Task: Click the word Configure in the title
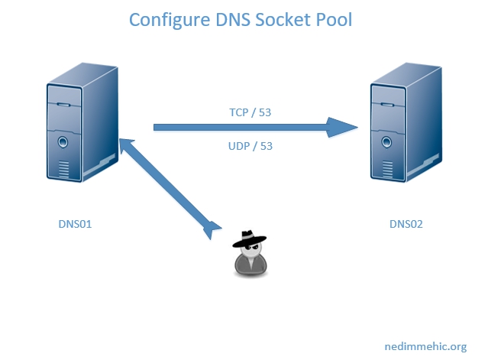click(165, 20)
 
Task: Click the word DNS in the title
click(225, 20)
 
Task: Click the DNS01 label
click(76, 224)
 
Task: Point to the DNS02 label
click(406, 224)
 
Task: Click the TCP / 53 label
click(250, 112)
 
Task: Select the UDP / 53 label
click(250, 145)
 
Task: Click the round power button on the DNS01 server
click(61, 141)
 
